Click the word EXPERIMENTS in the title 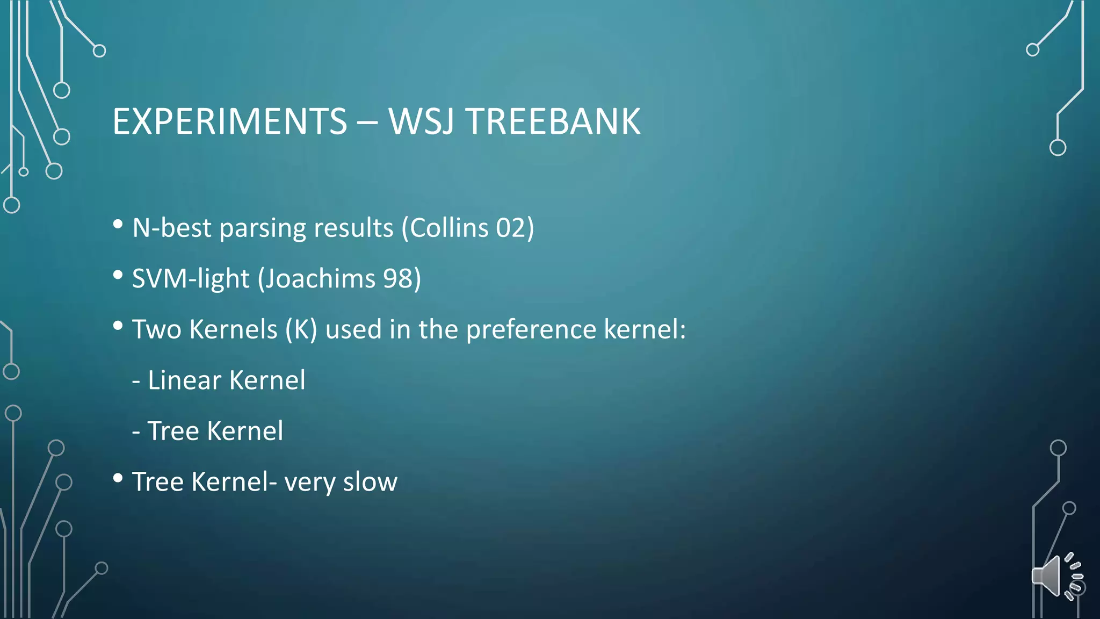click(230, 121)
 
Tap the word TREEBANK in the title click(553, 121)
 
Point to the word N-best click(172, 228)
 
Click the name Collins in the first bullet click(449, 228)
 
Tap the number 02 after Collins click(510, 228)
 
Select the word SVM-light click(191, 278)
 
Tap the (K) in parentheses click(301, 329)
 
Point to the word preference click(531, 329)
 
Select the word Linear click(184, 380)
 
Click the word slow click(370, 482)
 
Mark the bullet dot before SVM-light click(118, 275)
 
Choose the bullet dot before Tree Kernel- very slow click(118, 478)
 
